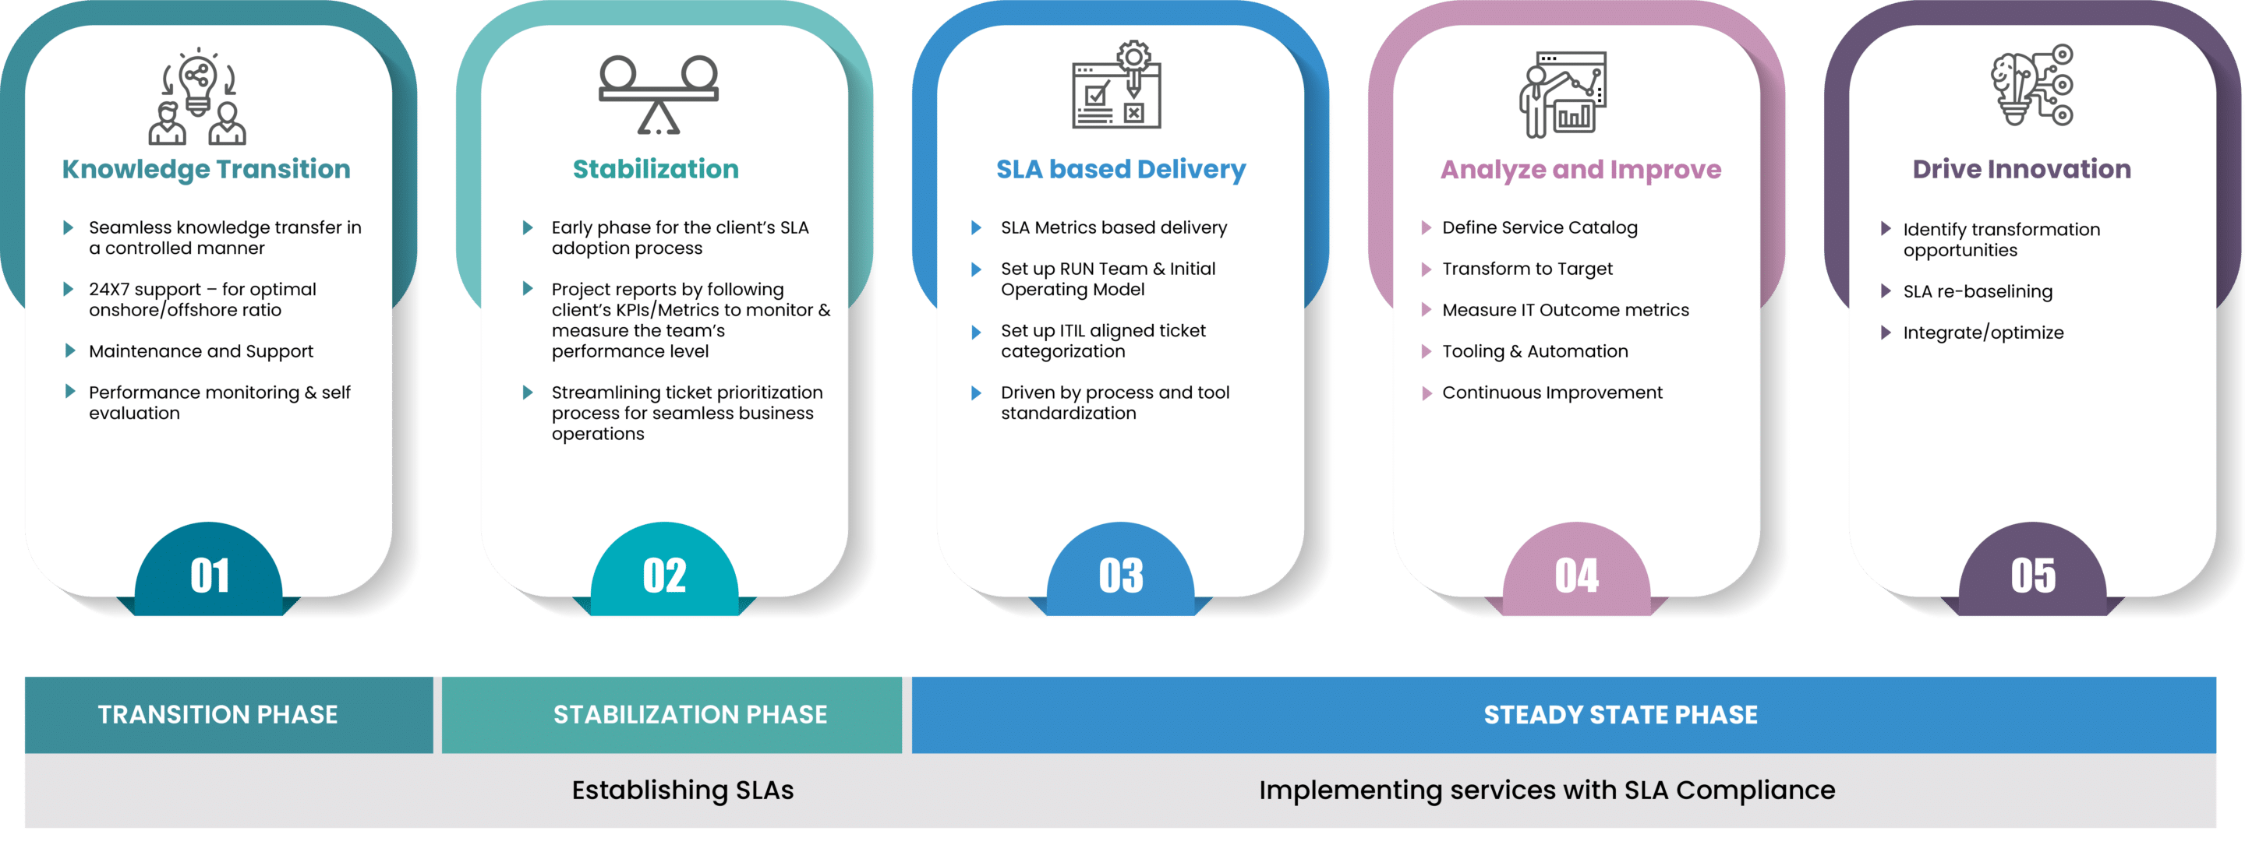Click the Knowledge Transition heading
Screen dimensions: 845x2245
click(x=206, y=169)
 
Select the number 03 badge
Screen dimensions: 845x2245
click(x=1120, y=575)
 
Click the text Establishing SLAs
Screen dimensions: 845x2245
click(x=682, y=790)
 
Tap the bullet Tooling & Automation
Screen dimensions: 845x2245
click(x=1534, y=351)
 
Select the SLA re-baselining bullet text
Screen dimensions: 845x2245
click(x=1977, y=292)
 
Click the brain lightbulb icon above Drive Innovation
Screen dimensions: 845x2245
click(x=2031, y=86)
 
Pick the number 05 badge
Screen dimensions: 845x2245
click(x=2032, y=575)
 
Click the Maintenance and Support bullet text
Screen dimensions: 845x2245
click(x=200, y=351)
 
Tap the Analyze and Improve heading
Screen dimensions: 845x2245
click(x=1580, y=169)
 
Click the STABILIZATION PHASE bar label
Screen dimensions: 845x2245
click(x=689, y=714)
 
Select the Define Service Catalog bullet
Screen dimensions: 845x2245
click(x=1539, y=227)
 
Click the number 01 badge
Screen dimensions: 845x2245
click(x=209, y=575)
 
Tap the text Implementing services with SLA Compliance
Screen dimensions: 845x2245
click(x=1546, y=790)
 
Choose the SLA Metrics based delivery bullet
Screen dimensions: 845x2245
click(x=1113, y=227)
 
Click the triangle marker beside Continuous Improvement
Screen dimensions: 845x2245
click(x=1426, y=393)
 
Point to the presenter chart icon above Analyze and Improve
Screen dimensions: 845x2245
click(x=1563, y=94)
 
